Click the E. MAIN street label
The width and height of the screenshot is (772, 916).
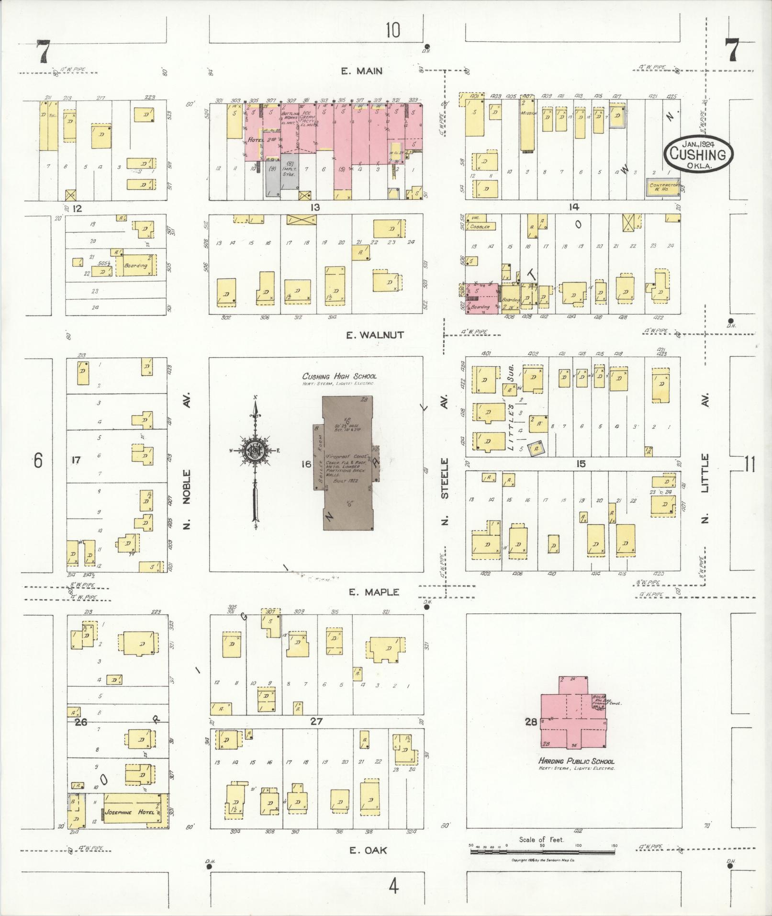point(361,71)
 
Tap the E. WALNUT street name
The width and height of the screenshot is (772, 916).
point(375,335)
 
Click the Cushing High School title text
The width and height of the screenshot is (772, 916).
point(339,376)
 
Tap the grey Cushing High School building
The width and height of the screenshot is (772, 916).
point(347,463)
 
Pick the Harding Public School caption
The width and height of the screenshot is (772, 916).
point(576,761)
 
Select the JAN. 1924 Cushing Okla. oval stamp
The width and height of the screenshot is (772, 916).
point(698,154)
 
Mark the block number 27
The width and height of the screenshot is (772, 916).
point(316,721)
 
